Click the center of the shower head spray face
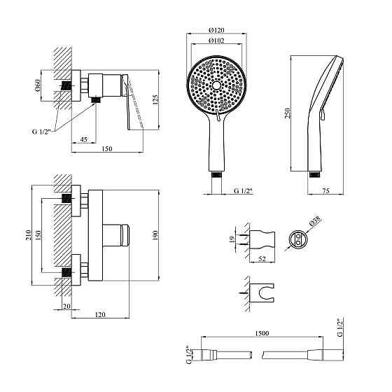pos(217,87)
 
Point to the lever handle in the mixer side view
pos(134,105)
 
